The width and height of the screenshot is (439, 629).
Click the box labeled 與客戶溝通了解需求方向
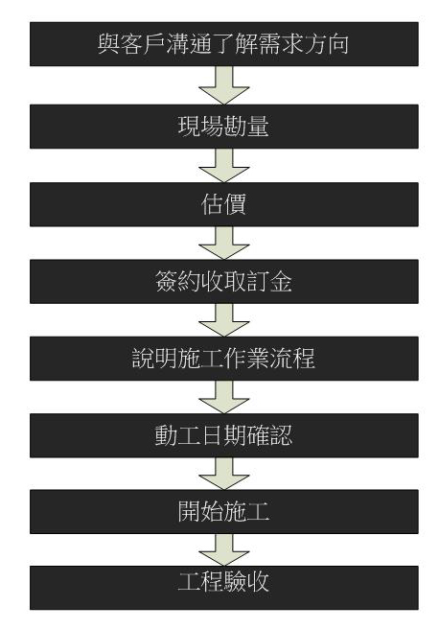pyautogui.click(x=223, y=44)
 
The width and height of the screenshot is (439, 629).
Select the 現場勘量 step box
pyautogui.click(x=223, y=127)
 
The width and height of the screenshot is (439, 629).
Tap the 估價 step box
pyautogui.click(x=223, y=204)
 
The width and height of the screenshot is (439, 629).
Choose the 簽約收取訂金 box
pyautogui.click(x=223, y=281)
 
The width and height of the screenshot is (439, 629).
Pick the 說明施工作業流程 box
pyautogui.click(x=223, y=359)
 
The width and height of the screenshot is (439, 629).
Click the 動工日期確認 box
pyautogui.click(x=223, y=435)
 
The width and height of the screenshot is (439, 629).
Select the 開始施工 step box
pyautogui.click(x=223, y=511)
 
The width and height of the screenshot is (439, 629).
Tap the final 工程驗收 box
pyautogui.click(x=223, y=588)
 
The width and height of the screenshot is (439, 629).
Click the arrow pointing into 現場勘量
pyautogui.click(x=223, y=85)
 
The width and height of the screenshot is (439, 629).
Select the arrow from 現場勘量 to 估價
pyautogui.click(x=223, y=165)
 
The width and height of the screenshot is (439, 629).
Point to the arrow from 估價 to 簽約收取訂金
pyautogui.click(x=223, y=243)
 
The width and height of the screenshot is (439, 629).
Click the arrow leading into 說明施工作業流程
pyautogui.click(x=223, y=319)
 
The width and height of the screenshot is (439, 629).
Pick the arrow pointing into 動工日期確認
pyautogui.click(x=223, y=397)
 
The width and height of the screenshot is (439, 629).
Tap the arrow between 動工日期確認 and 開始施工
pyautogui.click(x=223, y=474)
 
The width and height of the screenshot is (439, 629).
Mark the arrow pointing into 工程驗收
pyautogui.click(x=223, y=549)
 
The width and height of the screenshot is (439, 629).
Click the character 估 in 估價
pyautogui.click(x=212, y=204)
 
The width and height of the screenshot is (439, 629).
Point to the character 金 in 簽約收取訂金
pyautogui.click(x=281, y=281)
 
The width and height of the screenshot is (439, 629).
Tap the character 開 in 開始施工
pyautogui.click(x=189, y=511)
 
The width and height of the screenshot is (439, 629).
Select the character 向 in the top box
pyautogui.click(x=337, y=44)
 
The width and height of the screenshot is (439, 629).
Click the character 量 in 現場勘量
pyautogui.click(x=258, y=127)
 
